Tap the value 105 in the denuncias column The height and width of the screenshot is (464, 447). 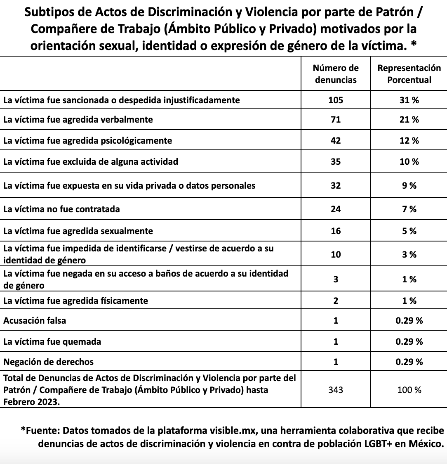click(336, 100)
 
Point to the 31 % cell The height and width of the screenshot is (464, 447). click(409, 100)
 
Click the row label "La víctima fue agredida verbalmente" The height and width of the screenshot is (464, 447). click(78, 120)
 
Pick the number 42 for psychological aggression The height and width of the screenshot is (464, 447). click(336, 140)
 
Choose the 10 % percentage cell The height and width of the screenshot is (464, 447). click(409, 161)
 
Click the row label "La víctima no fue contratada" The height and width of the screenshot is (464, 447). click(61, 209)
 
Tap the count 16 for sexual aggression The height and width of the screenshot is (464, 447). click(336, 231)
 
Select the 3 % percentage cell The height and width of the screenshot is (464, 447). click(409, 255)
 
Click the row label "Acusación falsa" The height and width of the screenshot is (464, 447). click(35, 320)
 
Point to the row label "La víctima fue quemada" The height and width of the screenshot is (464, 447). click(52, 342)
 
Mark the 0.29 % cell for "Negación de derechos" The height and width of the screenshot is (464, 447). click(409, 362)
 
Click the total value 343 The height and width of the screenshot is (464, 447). click(336, 390)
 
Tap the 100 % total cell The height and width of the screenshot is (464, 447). click(409, 390)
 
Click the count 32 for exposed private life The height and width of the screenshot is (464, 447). click(336, 186)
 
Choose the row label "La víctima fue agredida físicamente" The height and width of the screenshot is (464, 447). click(75, 301)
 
